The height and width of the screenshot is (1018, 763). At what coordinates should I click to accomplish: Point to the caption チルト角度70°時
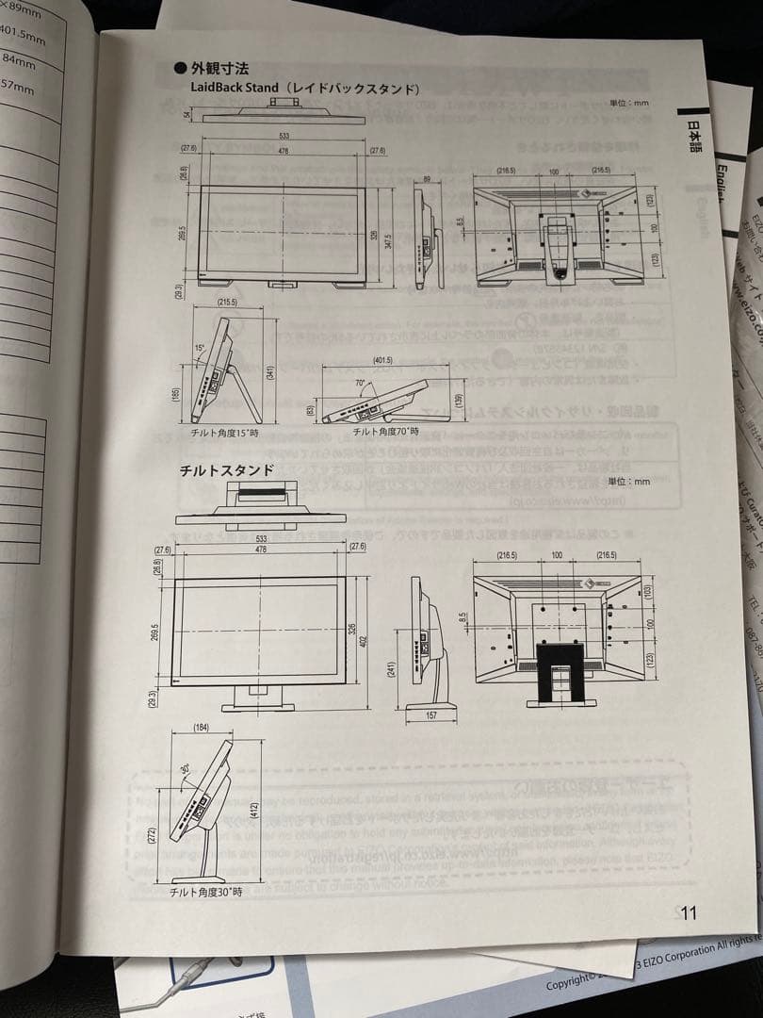click(x=385, y=431)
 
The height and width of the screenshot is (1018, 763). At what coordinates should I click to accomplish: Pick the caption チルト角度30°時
click(x=205, y=891)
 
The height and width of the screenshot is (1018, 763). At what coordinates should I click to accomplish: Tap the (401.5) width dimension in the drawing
click(x=381, y=361)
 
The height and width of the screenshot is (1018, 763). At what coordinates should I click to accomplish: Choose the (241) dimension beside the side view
click(x=392, y=668)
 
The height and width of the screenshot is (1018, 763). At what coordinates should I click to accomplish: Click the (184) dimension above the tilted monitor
click(x=201, y=728)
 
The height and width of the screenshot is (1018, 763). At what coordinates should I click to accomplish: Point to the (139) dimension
click(x=459, y=400)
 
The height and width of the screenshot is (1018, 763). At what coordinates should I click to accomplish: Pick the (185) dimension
click(x=176, y=391)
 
